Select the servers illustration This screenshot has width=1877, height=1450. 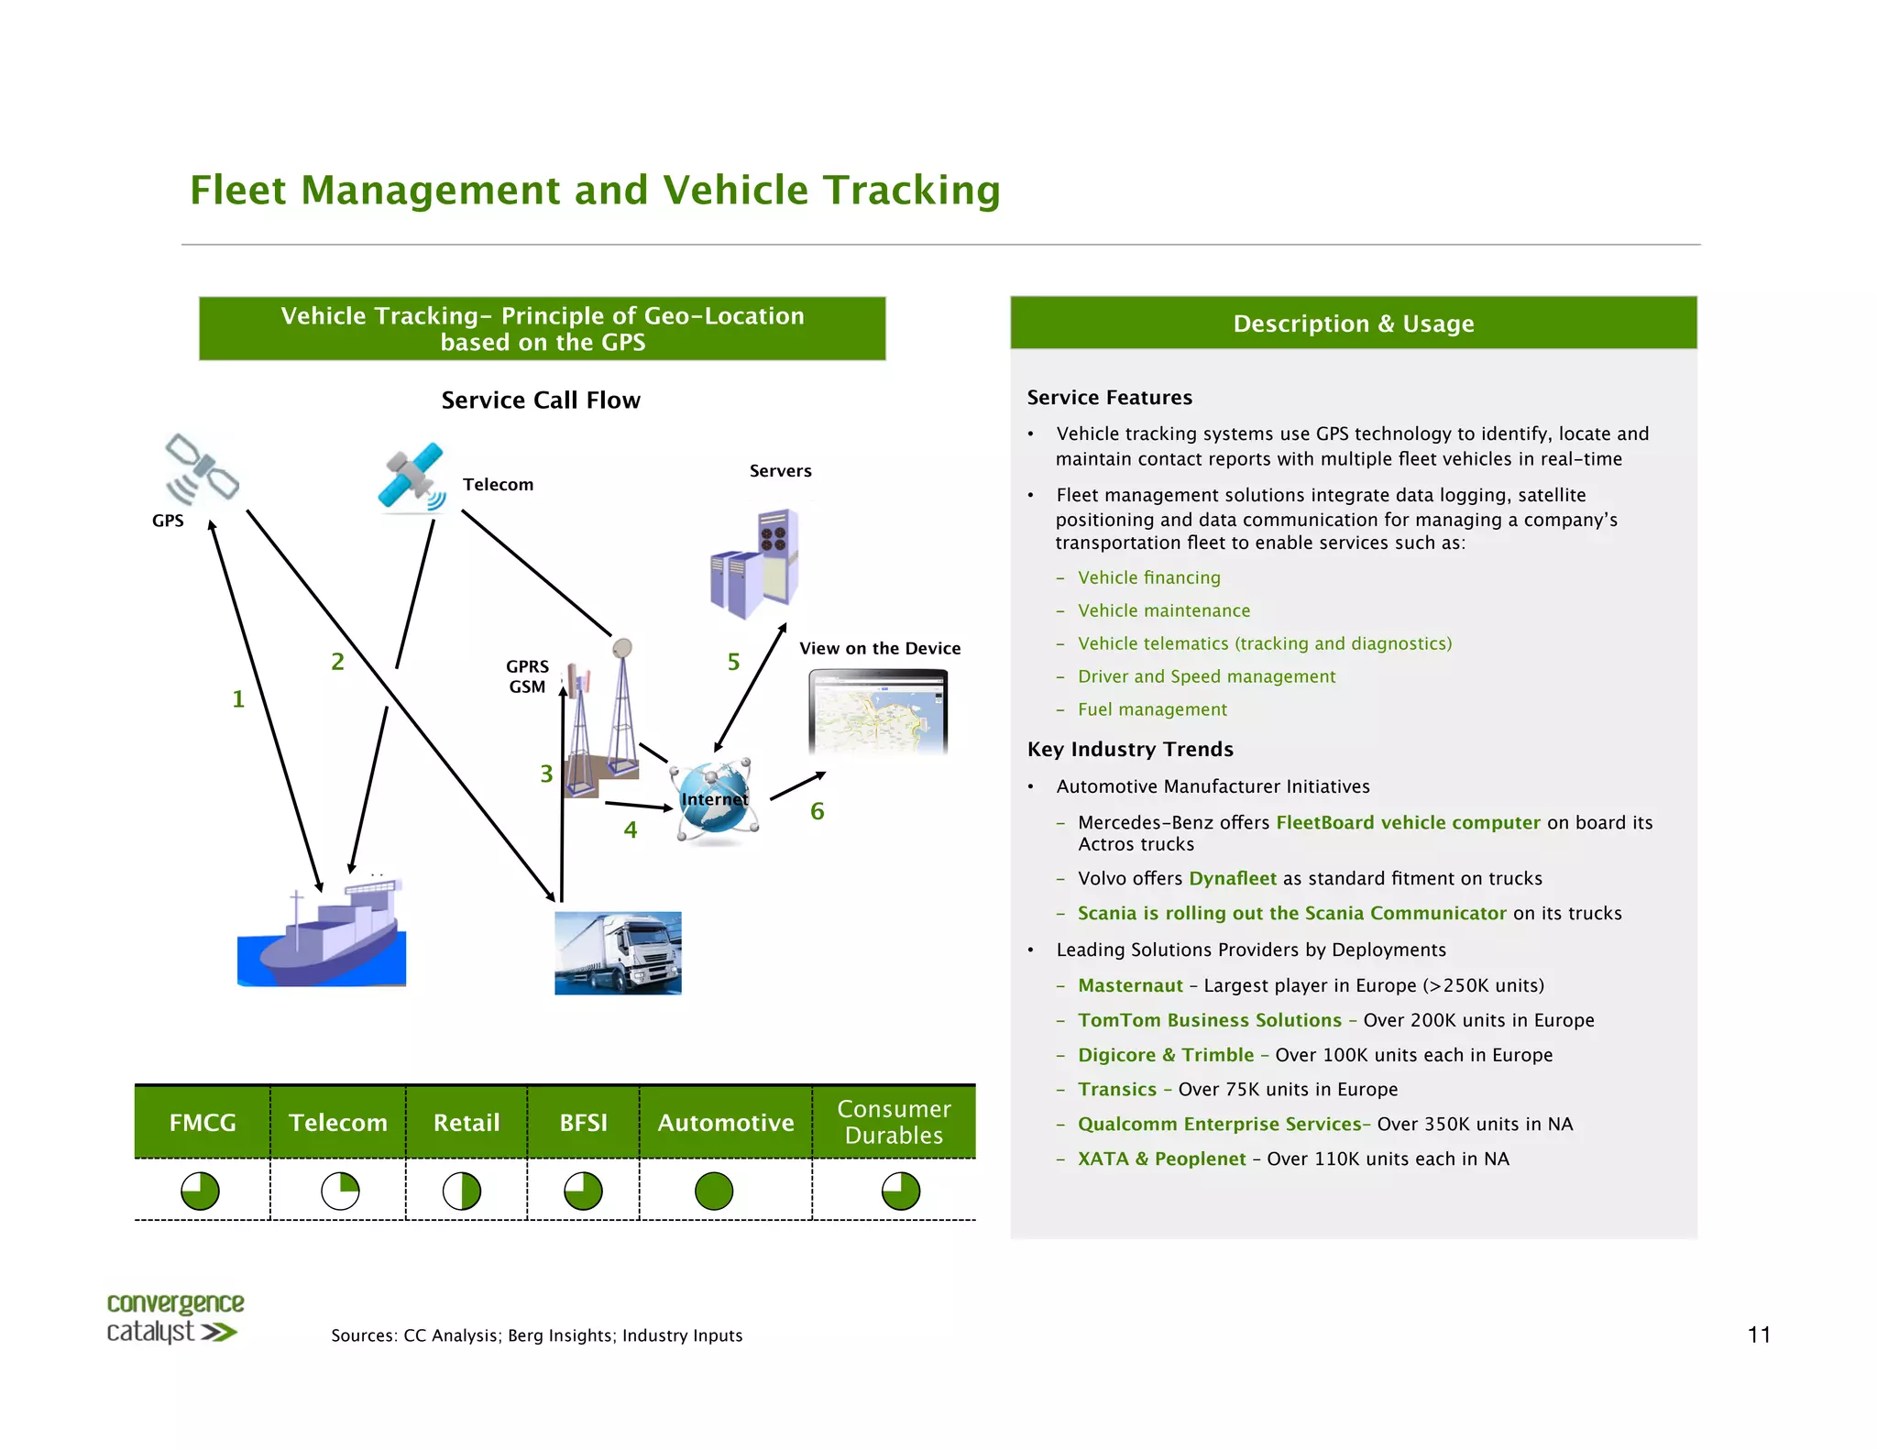click(x=754, y=564)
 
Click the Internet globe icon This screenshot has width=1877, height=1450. click(x=715, y=799)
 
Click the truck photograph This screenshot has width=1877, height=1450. click(x=618, y=953)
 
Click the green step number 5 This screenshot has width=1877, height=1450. click(x=733, y=662)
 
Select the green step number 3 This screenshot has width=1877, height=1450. click(x=546, y=774)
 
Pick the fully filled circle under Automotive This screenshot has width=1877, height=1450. click(x=714, y=1192)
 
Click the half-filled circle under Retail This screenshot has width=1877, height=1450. click(x=462, y=1192)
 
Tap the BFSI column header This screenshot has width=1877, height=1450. click(x=583, y=1123)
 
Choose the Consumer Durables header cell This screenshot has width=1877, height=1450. click(x=894, y=1122)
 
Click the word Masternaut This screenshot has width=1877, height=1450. click(x=1130, y=985)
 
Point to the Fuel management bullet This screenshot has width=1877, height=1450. click(x=1152, y=709)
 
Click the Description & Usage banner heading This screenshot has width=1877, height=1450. click(x=1353, y=324)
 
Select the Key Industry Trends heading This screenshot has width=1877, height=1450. click(x=1130, y=749)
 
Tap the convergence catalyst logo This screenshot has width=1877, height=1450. click(x=174, y=1318)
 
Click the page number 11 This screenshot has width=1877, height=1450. click(x=1758, y=1335)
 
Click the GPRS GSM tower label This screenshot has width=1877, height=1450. click(x=528, y=676)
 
